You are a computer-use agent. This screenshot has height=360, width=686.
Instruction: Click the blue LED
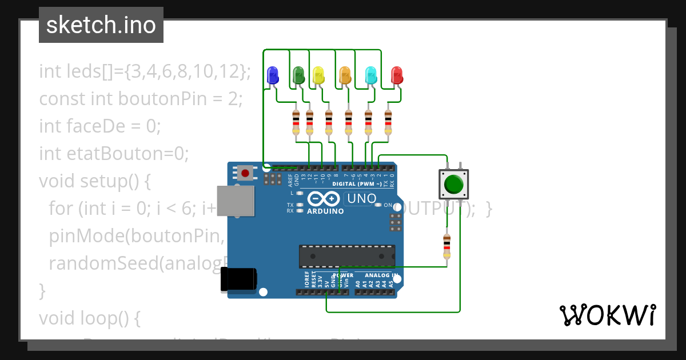coord(273,75)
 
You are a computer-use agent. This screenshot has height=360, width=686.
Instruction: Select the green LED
coord(298,75)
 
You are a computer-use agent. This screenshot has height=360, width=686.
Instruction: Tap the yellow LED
coord(318,75)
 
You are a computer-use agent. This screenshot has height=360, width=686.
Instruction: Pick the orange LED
coord(345,75)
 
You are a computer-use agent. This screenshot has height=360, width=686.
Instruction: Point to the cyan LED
coord(370,75)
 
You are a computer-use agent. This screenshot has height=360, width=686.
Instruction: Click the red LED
coord(397,75)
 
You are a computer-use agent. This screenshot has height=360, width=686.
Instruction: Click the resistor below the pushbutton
coord(446,246)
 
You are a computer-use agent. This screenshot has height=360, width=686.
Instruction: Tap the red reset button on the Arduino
coord(246,172)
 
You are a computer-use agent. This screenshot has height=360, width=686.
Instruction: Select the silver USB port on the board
coord(235,201)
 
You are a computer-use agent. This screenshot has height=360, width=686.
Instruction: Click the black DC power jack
coord(239,281)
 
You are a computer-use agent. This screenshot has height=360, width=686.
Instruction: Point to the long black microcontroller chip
coord(347,256)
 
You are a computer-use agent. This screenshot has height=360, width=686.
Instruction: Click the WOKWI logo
coord(607,315)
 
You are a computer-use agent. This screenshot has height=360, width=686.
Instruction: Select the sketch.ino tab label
coord(101,25)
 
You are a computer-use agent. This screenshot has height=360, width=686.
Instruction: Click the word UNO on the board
coord(361,199)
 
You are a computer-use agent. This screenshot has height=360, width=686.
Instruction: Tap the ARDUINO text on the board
coord(326,211)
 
